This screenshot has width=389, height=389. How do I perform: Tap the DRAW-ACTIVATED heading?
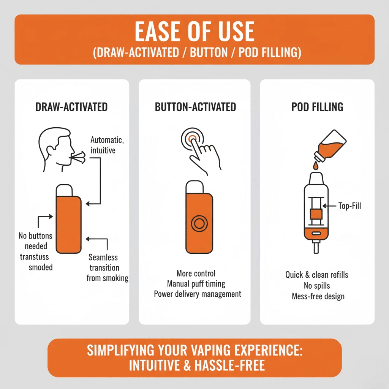(x=71, y=107)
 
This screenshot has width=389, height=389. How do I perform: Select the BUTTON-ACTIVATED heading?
(x=195, y=107)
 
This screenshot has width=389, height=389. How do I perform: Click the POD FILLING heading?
(x=317, y=107)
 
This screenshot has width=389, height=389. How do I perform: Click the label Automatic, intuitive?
(x=107, y=145)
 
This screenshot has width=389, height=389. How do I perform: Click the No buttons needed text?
(x=35, y=241)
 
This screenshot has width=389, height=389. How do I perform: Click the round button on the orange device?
(x=199, y=224)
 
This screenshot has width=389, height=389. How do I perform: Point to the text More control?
(x=196, y=274)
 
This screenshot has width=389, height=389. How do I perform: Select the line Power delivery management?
(x=197, y=294)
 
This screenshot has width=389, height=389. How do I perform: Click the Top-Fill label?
(x=349, y=206)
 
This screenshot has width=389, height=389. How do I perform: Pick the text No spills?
(x=317, y=285)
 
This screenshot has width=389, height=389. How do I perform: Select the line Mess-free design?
(x=318, y=296)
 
